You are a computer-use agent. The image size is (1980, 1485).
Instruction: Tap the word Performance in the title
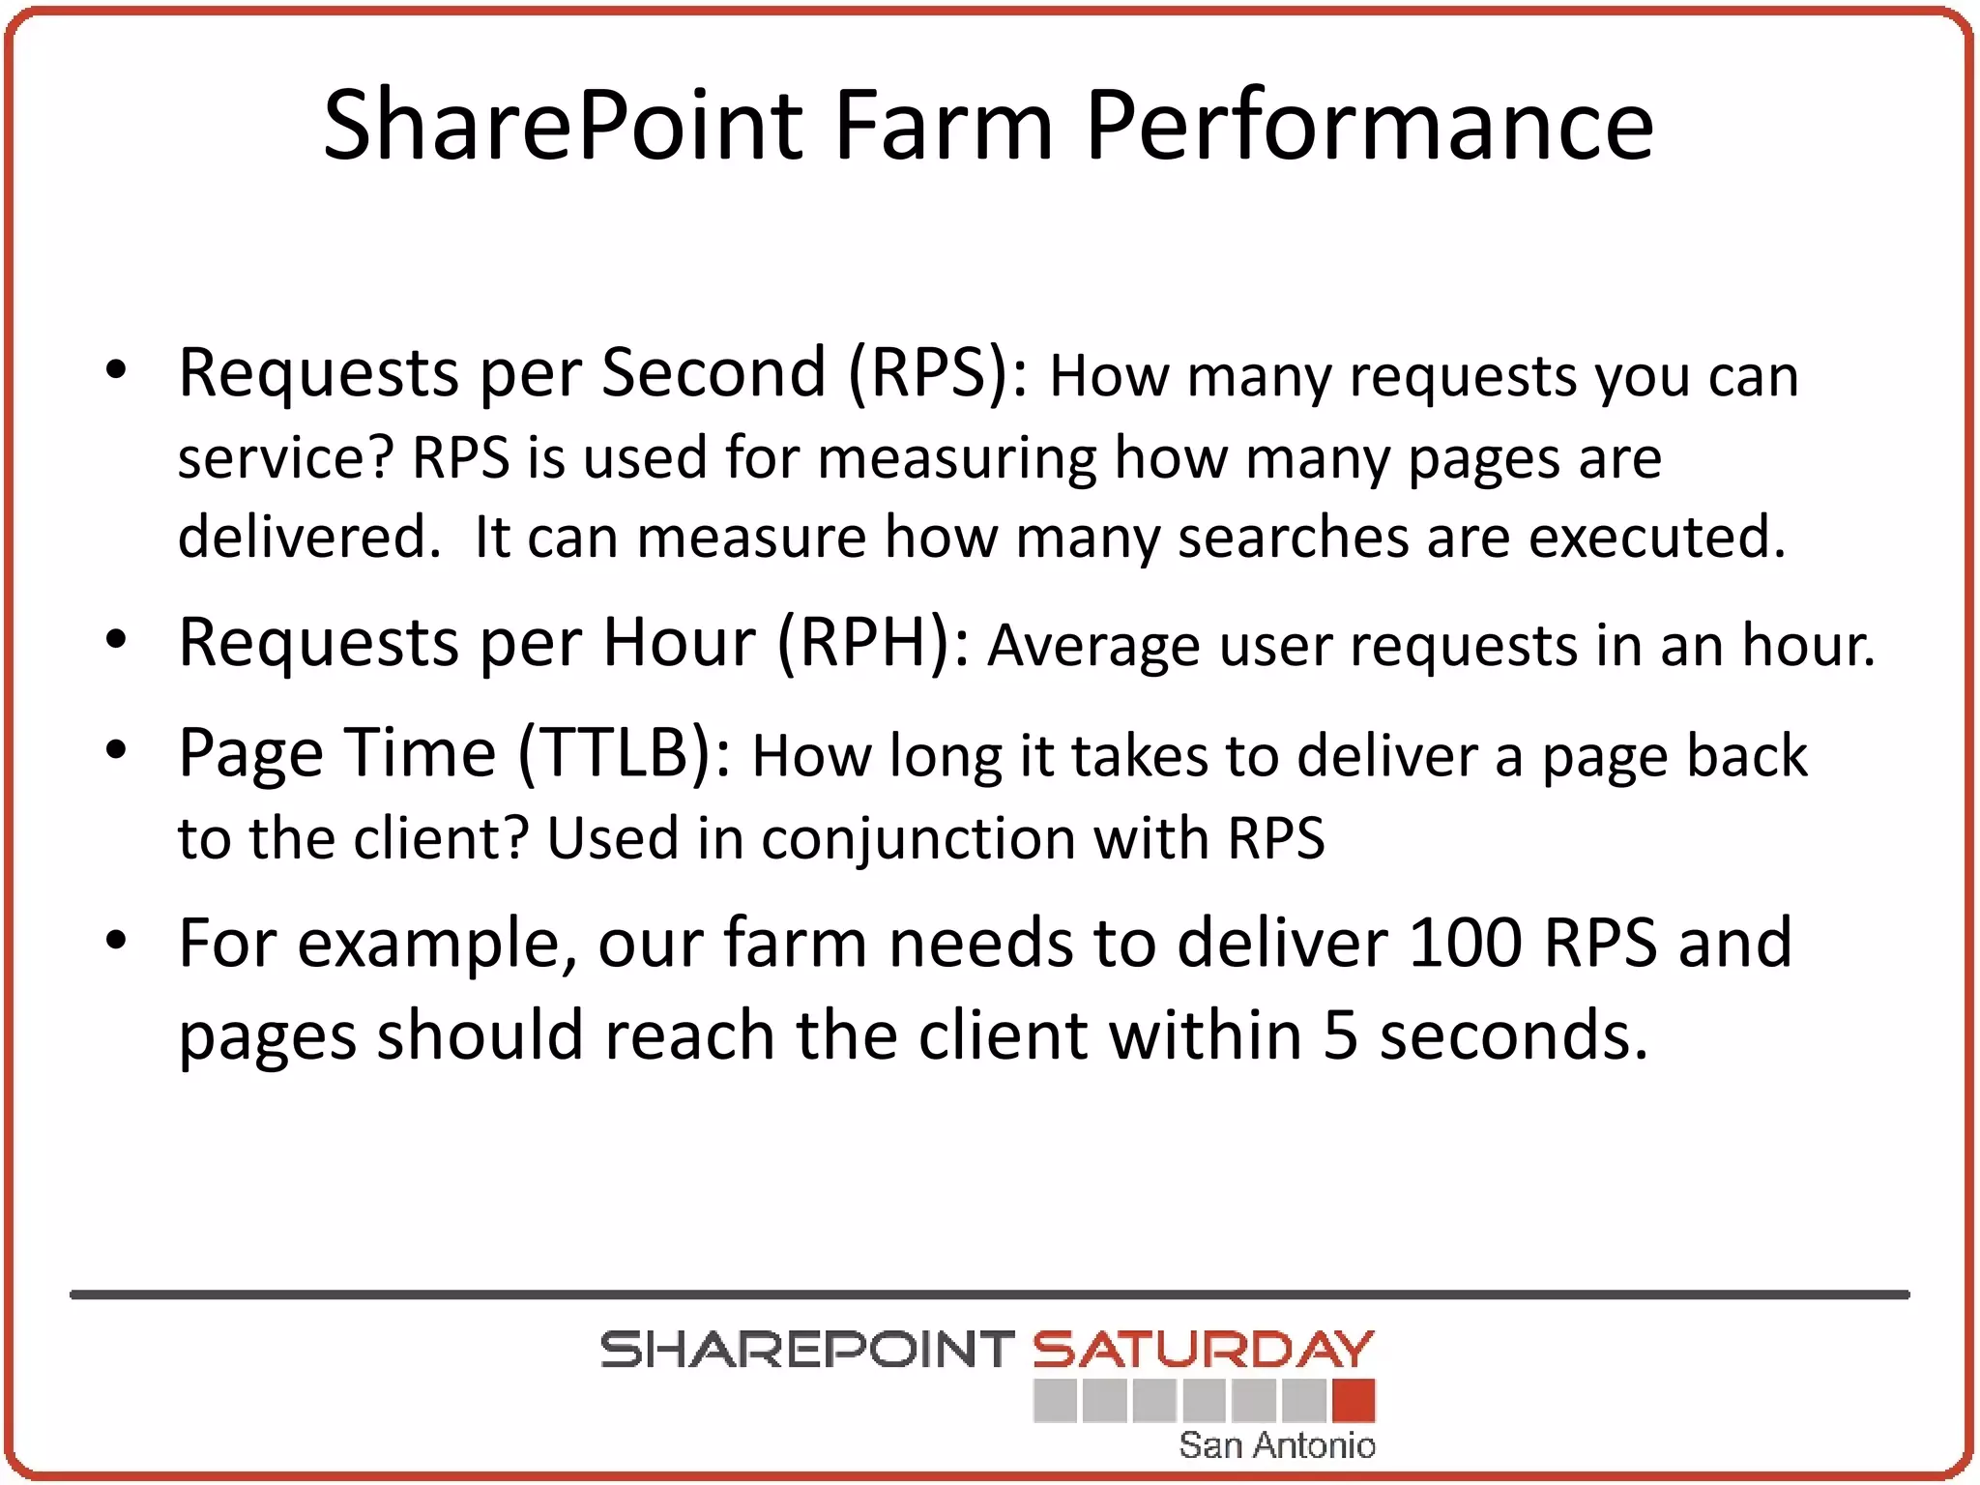tap(1369, 126)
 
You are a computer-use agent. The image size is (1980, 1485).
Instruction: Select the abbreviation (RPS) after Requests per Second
tap(938, 373)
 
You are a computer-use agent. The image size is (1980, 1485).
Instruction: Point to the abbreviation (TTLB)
tap(626, 753)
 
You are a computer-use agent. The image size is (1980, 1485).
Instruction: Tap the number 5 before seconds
tap(1340, 1035)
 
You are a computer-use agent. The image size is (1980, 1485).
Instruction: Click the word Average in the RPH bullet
tap(1093, 647)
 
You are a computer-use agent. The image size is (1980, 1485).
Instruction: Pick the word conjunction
tap(917, 838)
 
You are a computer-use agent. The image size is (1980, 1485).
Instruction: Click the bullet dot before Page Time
tap(116, 751)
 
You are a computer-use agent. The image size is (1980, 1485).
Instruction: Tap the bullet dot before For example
tap(116, 941)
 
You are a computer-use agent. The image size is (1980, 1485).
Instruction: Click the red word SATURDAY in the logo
tap(1203, 1350)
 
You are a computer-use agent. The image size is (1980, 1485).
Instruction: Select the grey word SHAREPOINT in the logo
tap(806, 1350)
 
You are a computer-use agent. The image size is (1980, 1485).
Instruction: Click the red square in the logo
tap(1353, 1401)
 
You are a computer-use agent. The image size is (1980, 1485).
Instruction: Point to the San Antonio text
tap(1276, 1445)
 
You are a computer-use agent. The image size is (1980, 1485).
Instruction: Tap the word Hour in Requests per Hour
tap(679, 643)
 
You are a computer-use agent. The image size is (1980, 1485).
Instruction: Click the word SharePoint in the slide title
tap(563, 126)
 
